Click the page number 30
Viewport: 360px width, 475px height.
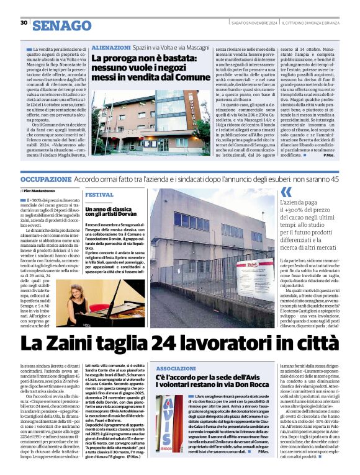[x=24, y=22]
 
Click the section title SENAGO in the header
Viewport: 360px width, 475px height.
[x=61, y=25]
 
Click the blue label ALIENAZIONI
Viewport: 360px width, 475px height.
[x=111, y=47]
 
